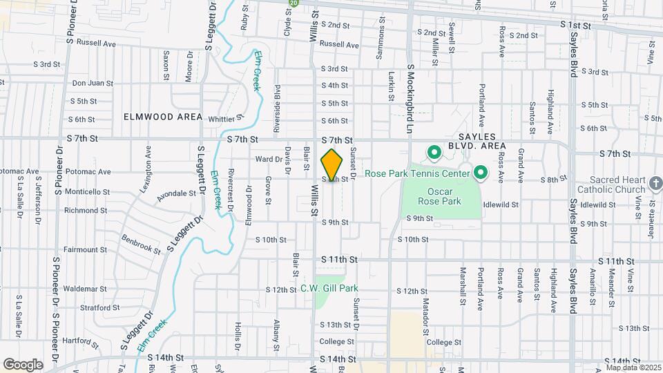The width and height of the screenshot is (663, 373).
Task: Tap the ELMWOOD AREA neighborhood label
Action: tap(163, 117)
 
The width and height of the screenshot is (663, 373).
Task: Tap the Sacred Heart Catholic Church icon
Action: tap(656, 184)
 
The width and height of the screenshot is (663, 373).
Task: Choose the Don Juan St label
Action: tap(93, 83)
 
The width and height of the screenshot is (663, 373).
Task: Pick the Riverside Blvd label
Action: tap(278, 100)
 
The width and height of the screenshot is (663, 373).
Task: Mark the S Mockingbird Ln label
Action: tap(410, 95)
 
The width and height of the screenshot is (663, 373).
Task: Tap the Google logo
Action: tap(23, 364)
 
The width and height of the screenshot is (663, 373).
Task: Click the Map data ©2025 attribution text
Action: tap(633, 367)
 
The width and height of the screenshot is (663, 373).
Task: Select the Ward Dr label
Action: tap(265, 159)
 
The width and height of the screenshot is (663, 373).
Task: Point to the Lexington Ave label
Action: tap(148, 164)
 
